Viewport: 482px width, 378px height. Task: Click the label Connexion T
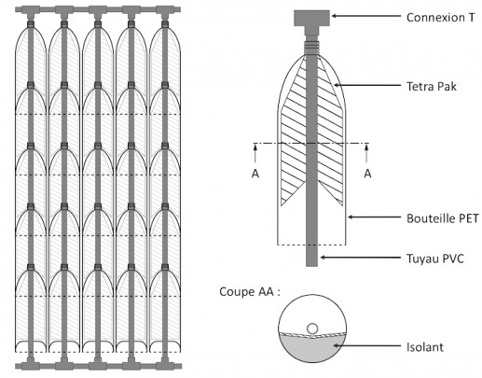(x=441, y=18)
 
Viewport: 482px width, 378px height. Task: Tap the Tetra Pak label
(x=432, y=86)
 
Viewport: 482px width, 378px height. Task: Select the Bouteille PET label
(x=443, y=218)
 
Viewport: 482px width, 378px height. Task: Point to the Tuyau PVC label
(x=435, y=259)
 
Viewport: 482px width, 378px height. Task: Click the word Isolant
(x=425, y=347)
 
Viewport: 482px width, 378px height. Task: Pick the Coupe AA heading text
(x=250, y=292)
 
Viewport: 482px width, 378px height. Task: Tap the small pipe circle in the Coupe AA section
(x=312, y=329)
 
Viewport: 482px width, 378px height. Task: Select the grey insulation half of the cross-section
(x=311, y=348)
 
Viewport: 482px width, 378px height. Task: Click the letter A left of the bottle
(x=255, y=174)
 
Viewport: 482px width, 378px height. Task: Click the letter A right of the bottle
(x=367, y=174)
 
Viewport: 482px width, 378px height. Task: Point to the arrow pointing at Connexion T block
(x=366, y=16)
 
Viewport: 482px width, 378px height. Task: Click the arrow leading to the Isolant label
(x=367, y=345)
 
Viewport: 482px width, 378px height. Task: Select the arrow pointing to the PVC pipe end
(x=361, y=258)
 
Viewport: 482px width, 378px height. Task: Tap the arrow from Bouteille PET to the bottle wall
(x=374, y=217)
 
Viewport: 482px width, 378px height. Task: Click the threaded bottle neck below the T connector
(x=311, y=45)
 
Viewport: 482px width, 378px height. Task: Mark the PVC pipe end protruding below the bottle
(x=311, y=256)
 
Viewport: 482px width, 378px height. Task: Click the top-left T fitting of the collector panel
(x=31, y=10)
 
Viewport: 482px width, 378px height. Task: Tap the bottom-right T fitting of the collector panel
(x=165, y=365)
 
